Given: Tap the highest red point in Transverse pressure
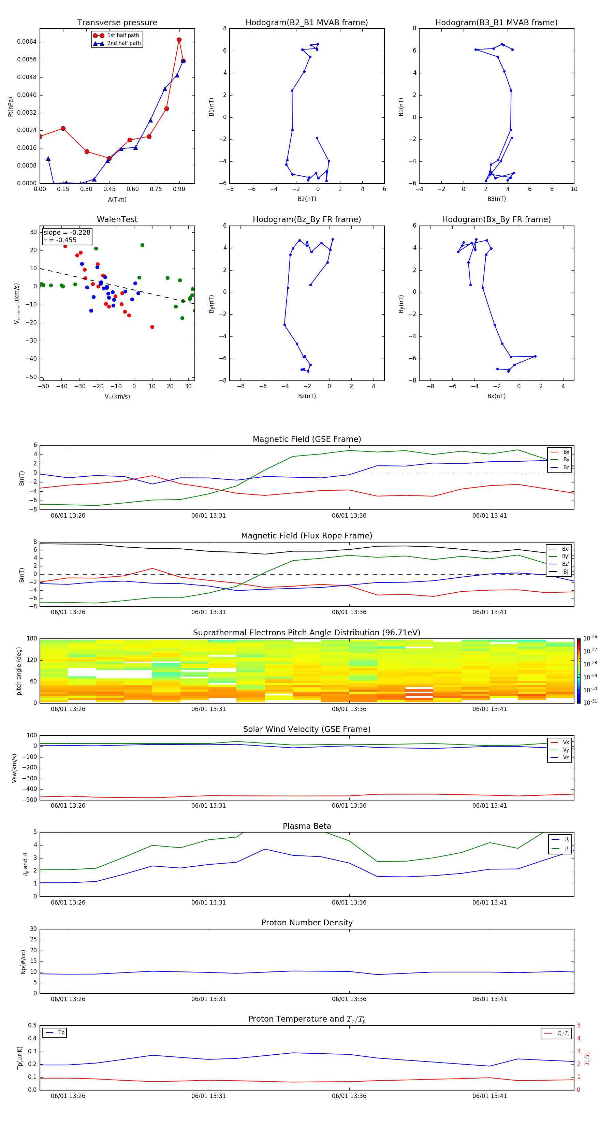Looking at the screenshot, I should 179,40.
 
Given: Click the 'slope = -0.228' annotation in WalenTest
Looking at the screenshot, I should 67,233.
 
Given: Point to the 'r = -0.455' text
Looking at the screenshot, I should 60,240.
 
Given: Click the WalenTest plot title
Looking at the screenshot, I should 117,219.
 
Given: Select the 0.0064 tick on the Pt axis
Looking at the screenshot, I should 27,42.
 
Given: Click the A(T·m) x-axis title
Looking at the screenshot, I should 117,199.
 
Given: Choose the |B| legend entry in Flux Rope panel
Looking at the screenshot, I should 565,572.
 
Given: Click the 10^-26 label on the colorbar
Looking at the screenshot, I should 590,638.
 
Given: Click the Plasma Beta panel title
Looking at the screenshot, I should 307,826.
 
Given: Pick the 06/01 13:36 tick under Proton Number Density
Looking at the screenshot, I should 349,999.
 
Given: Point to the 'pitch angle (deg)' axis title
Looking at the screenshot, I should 19,671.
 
